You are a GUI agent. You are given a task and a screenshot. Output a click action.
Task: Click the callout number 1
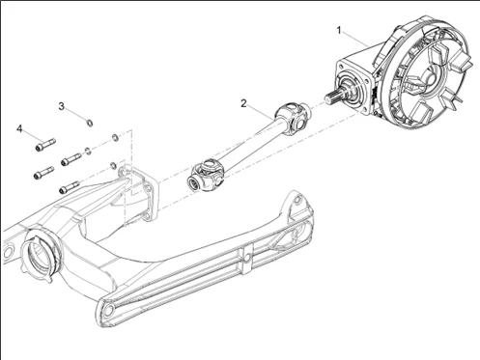(338, 30)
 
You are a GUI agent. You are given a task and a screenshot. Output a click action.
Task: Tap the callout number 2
(243, 102)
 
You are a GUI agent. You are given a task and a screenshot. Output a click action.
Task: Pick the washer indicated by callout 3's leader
(90, 123)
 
